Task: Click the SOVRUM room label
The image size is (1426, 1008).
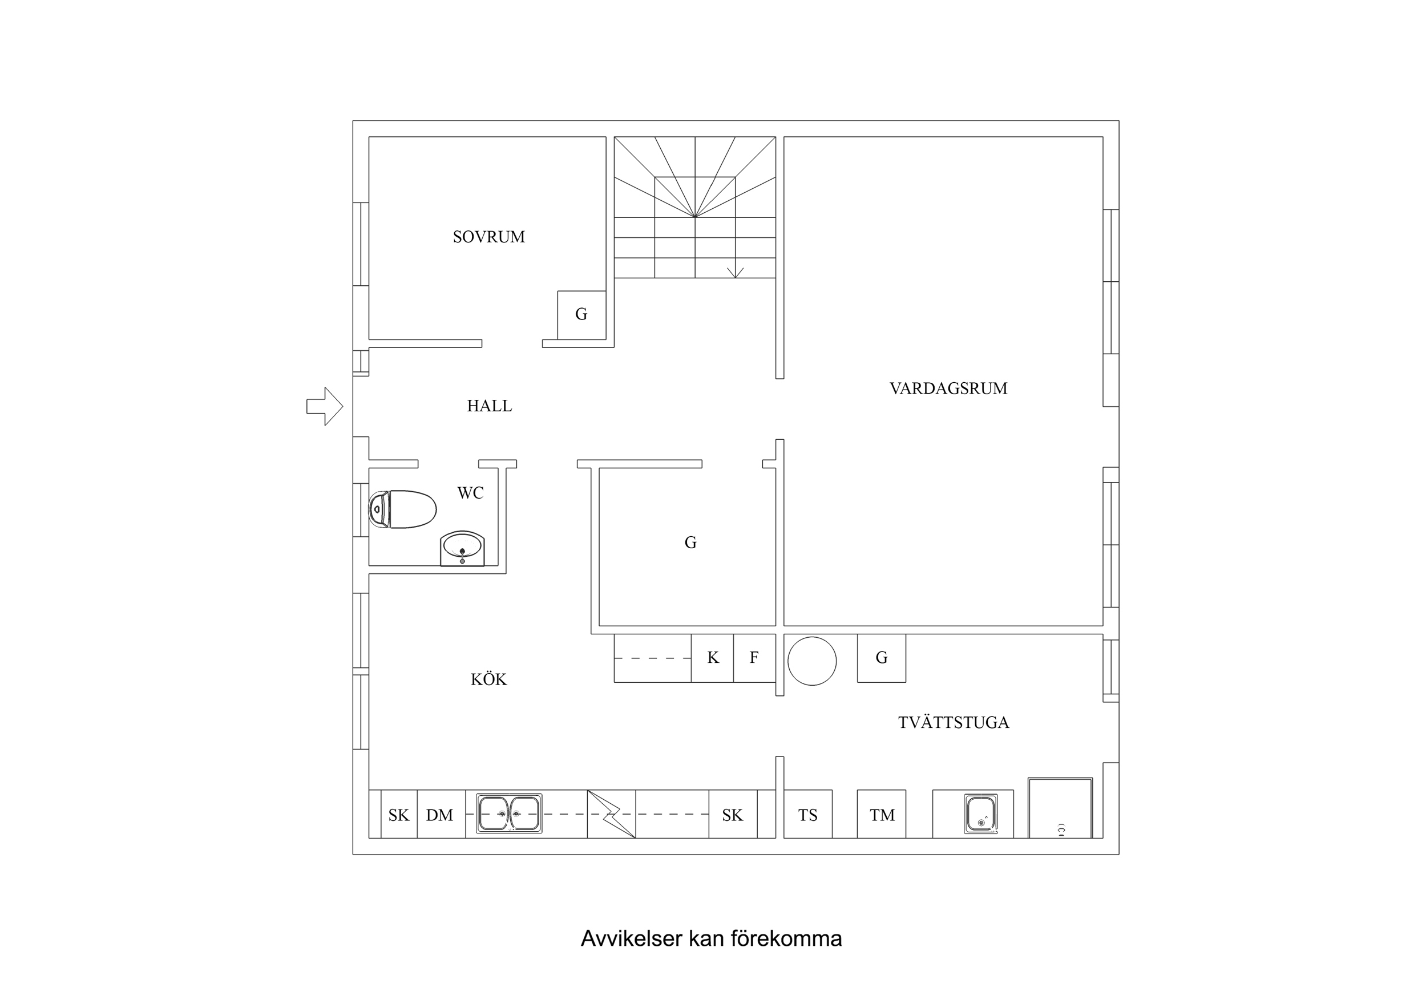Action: click(x=489, y=237)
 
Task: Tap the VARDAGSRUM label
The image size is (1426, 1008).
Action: click(x=948, y=388)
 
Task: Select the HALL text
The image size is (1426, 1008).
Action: click(x=490, y=406)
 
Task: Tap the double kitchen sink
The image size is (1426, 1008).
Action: click(x=508, y=813)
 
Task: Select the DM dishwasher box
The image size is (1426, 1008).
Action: click(x=441, y=815)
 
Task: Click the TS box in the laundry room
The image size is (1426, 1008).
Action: click(x=807, y=815)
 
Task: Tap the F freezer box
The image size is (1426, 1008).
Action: click(x=754, y=658)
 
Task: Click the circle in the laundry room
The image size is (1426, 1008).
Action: click(x=812, y=661)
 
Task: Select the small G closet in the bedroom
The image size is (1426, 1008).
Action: click(x=581, y=314)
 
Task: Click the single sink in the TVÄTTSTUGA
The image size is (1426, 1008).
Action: click(x=981, y=813)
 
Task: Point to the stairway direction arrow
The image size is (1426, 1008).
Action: click(x=736, y=271)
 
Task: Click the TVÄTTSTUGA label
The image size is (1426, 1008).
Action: click(x=954, y=722)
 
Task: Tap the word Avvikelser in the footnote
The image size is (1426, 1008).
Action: click(x=631, y=938)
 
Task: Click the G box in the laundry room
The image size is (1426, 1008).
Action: click(x=881, y=658)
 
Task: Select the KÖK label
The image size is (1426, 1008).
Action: click(x=489, y=679)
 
